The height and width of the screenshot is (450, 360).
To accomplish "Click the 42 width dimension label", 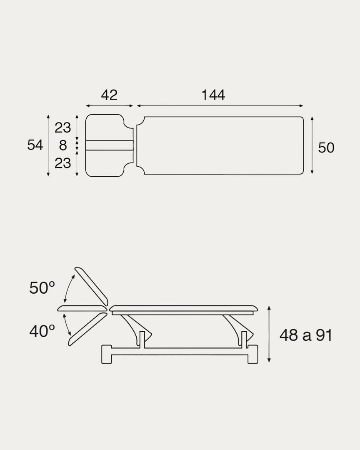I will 109,95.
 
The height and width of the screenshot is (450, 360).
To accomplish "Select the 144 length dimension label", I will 213,95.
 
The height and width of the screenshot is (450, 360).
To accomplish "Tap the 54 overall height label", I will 35,145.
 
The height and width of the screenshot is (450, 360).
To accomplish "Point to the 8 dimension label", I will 63,145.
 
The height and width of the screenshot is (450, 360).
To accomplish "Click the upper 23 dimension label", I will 62,127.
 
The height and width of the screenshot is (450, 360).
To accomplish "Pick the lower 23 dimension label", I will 62,163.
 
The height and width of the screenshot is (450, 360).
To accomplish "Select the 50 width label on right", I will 326,147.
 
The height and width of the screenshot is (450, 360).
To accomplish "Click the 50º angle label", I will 42,288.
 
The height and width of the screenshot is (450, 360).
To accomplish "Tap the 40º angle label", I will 42,331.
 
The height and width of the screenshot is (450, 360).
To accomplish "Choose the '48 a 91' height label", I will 306,335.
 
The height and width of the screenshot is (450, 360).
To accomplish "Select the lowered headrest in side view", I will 87,329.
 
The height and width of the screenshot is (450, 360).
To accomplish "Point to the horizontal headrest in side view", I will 82,308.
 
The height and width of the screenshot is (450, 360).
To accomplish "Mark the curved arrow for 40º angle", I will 67,325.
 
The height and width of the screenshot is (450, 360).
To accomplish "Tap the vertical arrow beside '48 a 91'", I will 269,334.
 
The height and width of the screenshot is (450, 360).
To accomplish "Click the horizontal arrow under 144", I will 220,106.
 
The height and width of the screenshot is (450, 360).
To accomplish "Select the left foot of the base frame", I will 107,354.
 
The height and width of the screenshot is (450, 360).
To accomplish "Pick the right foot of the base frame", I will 252,354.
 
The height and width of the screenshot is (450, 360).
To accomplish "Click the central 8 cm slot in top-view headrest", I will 109,145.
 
